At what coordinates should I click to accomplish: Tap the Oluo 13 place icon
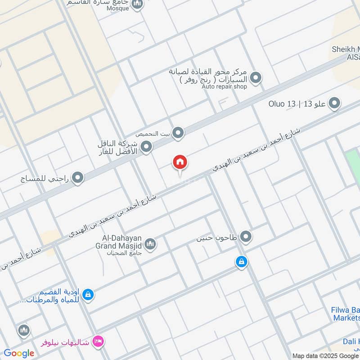click(334, 104)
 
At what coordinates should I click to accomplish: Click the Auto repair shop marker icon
click(256, 78)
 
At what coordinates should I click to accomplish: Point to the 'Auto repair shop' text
click(224, 86)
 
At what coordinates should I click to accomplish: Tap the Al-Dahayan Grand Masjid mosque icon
click(150, 243)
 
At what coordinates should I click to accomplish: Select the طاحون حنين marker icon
click(245, 236)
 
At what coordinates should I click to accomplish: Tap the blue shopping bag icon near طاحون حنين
click(242, 261)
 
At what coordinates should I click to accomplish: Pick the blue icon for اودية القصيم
click(89, 294)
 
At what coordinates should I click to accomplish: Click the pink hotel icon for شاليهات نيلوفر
click(98, 342)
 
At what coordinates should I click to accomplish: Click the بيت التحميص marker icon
click(179, 133)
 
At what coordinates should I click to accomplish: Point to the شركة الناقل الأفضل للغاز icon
click(146, 146)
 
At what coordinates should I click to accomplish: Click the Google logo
click(19, 353)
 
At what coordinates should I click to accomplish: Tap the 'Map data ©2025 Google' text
click(326, 355)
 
